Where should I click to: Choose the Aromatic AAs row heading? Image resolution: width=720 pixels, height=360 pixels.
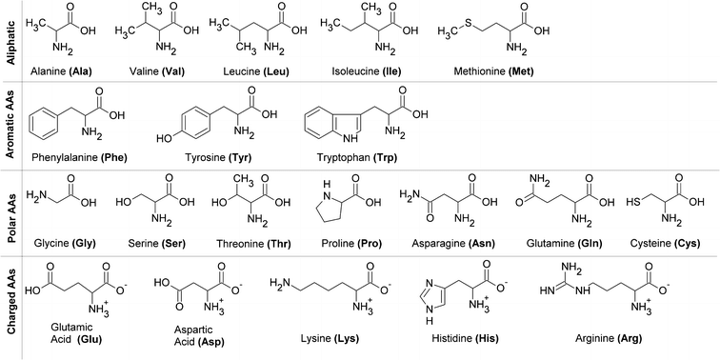[10, 125]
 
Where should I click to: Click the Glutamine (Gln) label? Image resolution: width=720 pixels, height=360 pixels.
[560, 243]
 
